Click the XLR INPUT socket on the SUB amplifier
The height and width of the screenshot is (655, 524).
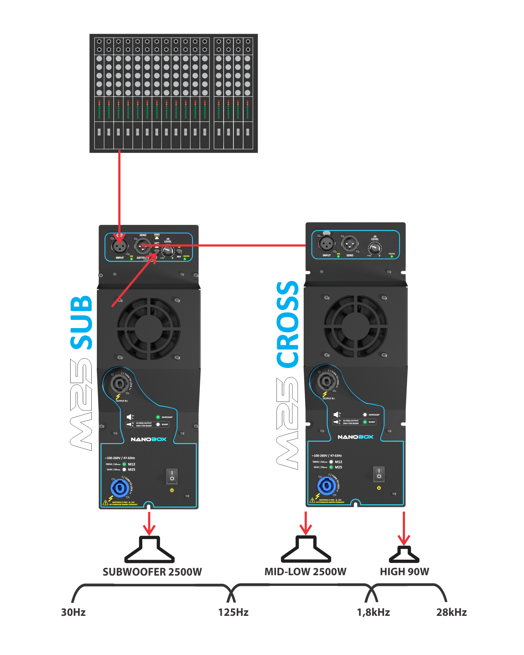pos(119,245)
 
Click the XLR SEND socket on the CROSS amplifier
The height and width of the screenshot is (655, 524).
pos(349,243)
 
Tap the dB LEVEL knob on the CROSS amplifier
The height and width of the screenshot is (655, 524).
pos(375,249)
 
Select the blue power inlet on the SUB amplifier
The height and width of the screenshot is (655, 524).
pos(120,488)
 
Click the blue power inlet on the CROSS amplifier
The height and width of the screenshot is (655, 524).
pos(327,486)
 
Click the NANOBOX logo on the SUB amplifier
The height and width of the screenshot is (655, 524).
pos(149,439)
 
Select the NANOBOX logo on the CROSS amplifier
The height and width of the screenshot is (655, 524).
pos(355,437)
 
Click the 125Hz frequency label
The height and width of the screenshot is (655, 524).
pos(233,612)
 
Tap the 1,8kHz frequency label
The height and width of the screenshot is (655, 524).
pos(373,612)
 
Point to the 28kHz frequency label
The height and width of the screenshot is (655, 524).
pos(451,612)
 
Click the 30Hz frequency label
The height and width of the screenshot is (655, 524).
pos(73,612)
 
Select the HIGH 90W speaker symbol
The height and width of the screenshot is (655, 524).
pos(404,554)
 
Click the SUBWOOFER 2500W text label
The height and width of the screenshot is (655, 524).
pos(152,572)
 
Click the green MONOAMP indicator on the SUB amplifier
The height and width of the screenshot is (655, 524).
pos(158,417)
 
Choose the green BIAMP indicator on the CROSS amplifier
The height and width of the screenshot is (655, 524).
pos(365,422)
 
